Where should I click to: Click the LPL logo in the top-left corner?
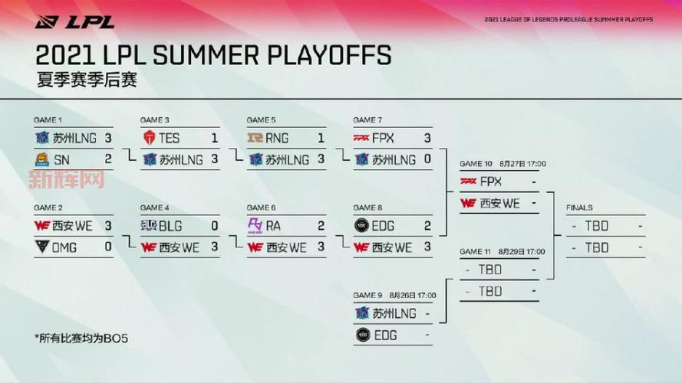[74, 21]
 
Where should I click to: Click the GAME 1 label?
[48, 119]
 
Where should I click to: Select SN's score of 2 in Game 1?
[108, 159]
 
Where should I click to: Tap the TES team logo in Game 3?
[149, 138]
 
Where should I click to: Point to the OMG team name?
[64, 247]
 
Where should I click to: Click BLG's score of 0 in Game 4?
[215, 226]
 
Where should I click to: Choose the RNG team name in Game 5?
[277, 138]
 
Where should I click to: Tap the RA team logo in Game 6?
[255, 226]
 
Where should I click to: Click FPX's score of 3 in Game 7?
[427, 138]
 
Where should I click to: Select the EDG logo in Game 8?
[361, 226]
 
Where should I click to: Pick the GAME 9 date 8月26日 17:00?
[412, 295]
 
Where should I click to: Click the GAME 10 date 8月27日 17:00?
[522, 164]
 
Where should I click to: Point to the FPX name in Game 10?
[491, 182]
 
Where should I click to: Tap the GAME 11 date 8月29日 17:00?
[522, 251]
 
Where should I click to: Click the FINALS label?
[579, 208]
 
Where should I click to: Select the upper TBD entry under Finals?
[597, 226]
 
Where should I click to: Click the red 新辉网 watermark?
[67, 179]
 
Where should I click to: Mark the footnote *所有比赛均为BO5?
[81, 339]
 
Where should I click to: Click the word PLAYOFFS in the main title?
[329, 55]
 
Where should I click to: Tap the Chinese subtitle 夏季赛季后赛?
[87, 80]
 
